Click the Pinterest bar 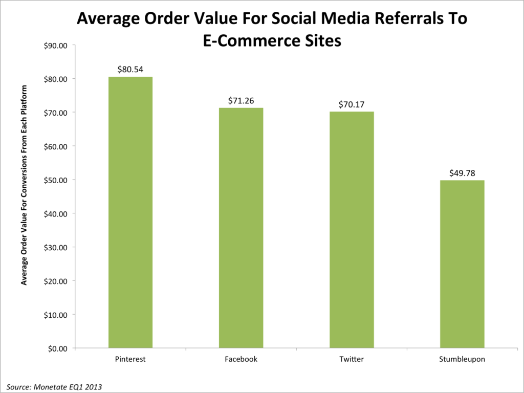[x=130, y=212]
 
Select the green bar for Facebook [x=241, y=228]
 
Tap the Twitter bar [x=352, y=230]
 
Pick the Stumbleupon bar [x=462, y=264]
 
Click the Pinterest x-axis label [x=130, y=359]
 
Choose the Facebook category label [x=241, y=359]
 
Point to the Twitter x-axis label [x=352, y=359]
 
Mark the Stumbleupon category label [x=462, y=359]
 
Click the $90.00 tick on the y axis [x=56, y=45]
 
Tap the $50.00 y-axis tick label [x=56, y=180]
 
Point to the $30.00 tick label [x=56, y=247]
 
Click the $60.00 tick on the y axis [x=56, y=146]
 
